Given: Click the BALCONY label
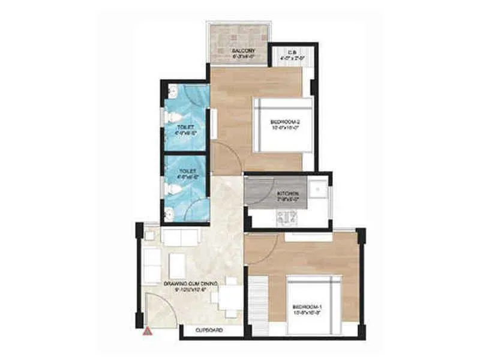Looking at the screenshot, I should point(244,51).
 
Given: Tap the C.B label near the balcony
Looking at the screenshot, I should point(292,53).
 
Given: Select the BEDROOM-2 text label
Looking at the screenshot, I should point(285,122).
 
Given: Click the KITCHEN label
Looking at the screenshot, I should point(287,194).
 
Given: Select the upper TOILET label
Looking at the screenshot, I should point(185,127).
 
